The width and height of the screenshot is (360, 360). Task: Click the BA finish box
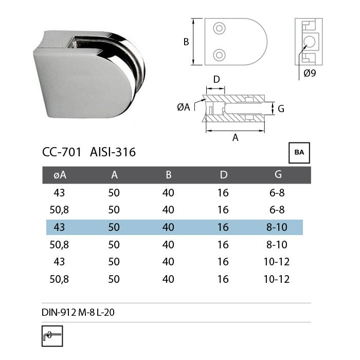299,153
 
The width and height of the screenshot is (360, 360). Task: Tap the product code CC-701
62,152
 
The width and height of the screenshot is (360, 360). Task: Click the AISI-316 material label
113,152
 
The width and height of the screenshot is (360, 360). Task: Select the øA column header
60,175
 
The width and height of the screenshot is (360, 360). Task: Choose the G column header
278,175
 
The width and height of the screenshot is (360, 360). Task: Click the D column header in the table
223,175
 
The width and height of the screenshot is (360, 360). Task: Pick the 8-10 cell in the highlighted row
278,227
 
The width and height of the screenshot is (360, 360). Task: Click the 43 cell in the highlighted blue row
60,227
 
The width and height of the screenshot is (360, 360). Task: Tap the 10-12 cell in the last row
278,279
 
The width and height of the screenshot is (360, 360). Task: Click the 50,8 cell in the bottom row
60,279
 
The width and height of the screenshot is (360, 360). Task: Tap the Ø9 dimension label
310,73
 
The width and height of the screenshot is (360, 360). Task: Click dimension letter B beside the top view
186,42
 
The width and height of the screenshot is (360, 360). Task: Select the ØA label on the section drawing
183,107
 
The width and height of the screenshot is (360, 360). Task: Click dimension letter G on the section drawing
281,109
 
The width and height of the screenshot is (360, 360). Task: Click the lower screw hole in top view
220,54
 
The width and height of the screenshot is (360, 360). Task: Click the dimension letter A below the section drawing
236,137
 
